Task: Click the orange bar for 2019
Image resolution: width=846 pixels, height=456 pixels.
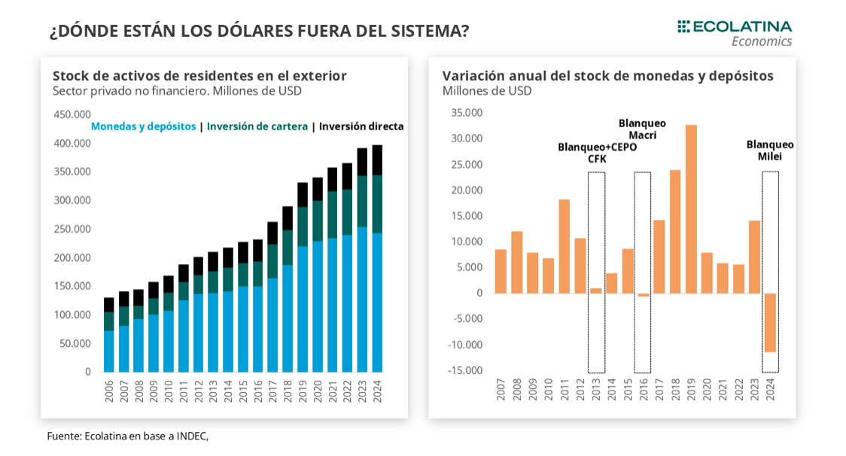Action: [691, 209]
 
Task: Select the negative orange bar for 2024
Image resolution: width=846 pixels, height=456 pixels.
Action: [770, 323]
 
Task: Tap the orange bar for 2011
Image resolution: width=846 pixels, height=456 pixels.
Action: [565, 246]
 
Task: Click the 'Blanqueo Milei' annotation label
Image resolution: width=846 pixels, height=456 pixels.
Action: [770, 150]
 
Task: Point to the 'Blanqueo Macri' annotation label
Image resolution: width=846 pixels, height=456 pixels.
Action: [642, 129]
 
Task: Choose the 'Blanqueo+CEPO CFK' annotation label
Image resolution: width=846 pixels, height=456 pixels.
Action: [597, 153]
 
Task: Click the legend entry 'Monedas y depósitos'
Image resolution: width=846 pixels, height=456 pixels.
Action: [143, 126]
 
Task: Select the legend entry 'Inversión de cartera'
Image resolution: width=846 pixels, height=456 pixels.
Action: [257, 126]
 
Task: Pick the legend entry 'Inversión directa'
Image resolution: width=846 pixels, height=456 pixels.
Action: [361, 126]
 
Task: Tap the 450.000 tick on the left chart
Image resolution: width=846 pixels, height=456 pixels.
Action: [72, 114]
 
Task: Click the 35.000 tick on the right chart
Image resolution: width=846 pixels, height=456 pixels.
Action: [467, 113]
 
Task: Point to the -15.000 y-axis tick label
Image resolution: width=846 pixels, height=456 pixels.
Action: [465, 370]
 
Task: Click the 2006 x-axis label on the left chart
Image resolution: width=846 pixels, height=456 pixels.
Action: [109, 391]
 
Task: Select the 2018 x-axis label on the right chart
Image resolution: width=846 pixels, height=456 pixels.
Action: [675, 389]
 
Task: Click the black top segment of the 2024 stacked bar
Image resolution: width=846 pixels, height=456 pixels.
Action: [377, 160]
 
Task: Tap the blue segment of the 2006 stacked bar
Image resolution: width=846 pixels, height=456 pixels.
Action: [109, 351]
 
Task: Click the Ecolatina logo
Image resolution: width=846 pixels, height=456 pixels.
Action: [735, 33]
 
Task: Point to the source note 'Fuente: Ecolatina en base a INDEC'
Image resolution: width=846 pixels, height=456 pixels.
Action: [127, 436]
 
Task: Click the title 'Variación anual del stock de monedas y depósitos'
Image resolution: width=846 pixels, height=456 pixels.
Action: [607, 76]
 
